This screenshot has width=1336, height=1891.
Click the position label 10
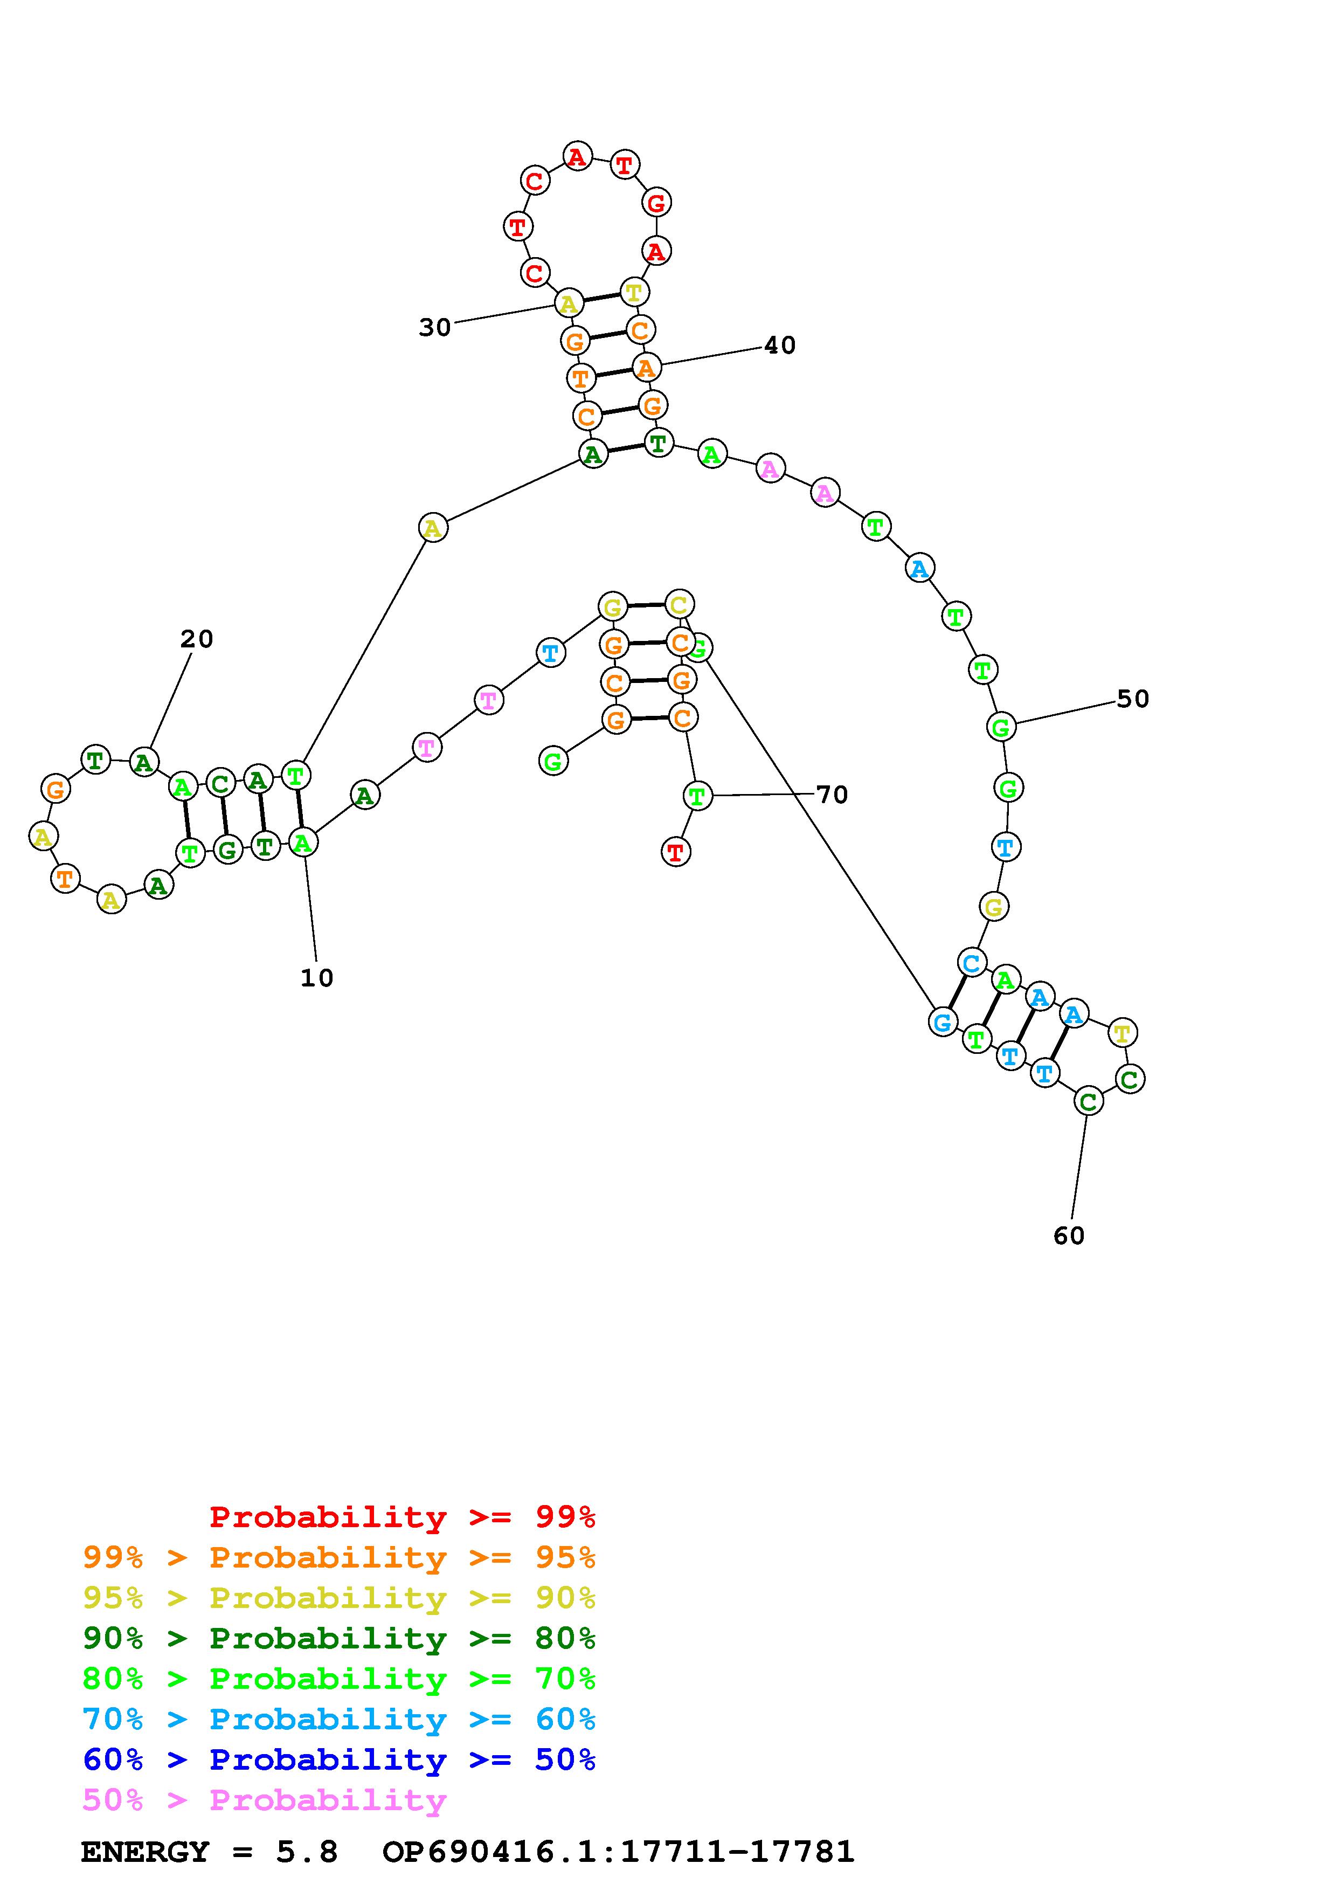tap(317, 978)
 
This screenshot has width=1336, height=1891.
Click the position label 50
tap(1133, 699)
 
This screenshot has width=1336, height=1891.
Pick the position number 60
tap(1069, 1236)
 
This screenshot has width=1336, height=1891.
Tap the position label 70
tap(832, 795)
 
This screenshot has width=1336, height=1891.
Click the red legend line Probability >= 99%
tap(403, 1517)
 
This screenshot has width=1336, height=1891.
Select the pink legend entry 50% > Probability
tap(264, 1800)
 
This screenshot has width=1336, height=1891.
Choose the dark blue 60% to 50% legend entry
tap(339, 1760)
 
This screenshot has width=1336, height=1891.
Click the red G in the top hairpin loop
tap(656, 202)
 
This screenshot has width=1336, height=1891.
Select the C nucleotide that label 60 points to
tap(1088, 1102)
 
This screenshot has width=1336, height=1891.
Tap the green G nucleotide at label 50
tap(1001, 727)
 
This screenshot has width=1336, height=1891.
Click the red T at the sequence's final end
tap(676, 852)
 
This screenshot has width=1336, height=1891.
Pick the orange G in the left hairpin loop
tap(55, 790)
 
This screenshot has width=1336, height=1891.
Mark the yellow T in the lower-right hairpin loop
tap(1122, 1032)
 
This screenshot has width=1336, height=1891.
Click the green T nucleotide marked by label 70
tap(697, 796)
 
